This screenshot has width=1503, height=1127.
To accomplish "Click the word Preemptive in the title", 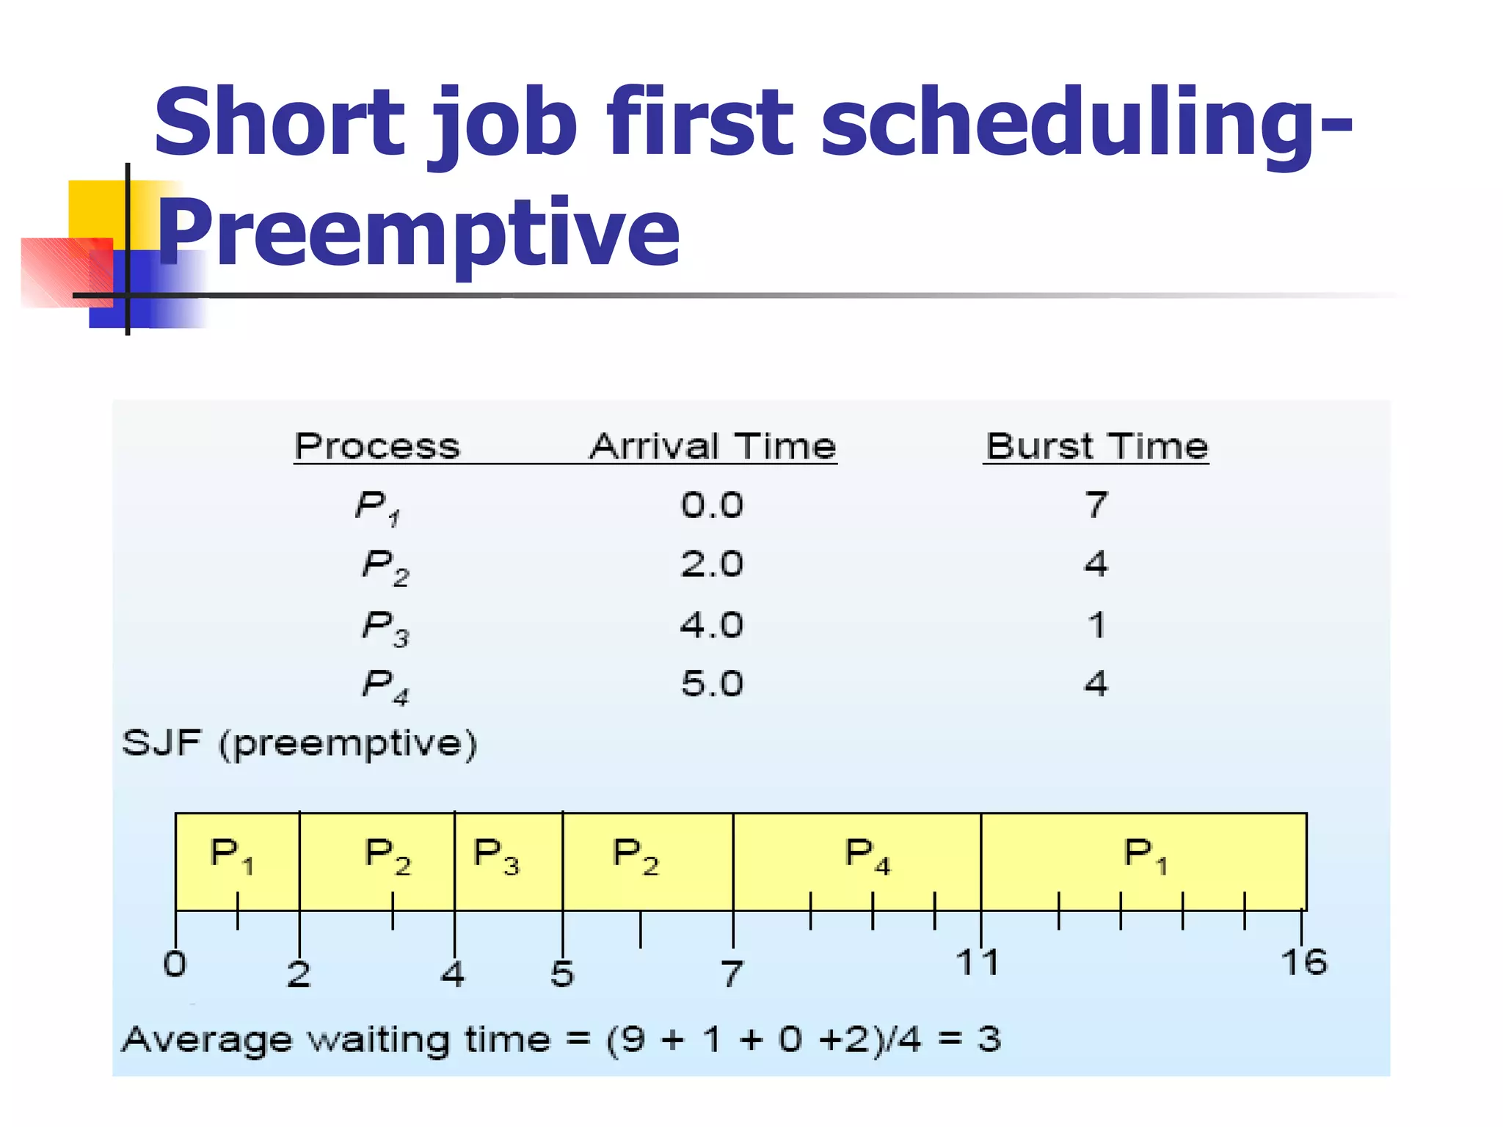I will [x=418, y=233].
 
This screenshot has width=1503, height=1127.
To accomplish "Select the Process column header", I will [x=377, y=446].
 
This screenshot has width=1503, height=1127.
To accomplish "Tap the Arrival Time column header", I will [x=713, y=446].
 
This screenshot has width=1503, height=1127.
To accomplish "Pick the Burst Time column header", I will [x=1096, y=446].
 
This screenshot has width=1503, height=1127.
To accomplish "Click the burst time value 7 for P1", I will [x=1096, y=505].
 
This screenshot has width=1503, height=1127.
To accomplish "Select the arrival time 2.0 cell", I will [x=712, y=563].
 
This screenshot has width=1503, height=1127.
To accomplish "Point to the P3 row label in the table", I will [x=385, y=628].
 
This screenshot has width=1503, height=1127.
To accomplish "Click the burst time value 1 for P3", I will [x=1096, y=625].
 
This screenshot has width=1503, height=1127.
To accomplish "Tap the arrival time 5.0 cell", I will [x=712, y=684].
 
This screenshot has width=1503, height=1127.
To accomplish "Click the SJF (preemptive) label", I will [x=299, y=744].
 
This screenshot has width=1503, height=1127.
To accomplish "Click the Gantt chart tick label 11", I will [x=978, y=963].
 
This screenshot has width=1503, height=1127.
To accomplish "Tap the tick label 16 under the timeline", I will [x=1304, y=963].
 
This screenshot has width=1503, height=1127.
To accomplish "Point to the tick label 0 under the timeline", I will [x=175, y=964].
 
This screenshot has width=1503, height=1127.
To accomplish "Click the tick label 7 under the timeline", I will [x=732, y=974].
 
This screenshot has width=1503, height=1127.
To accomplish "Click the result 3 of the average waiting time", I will [x=989, y=1040].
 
